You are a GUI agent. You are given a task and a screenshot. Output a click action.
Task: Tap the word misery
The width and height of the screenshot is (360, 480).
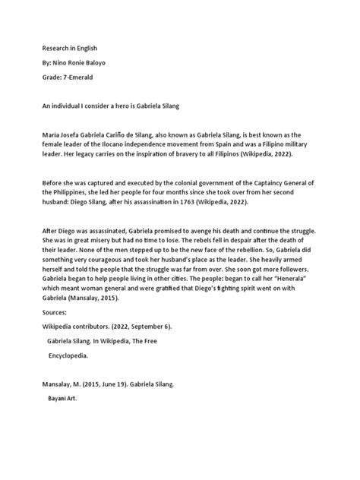click(102, 240)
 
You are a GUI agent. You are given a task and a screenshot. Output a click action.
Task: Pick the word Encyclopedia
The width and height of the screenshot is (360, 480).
click(68, 355)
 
